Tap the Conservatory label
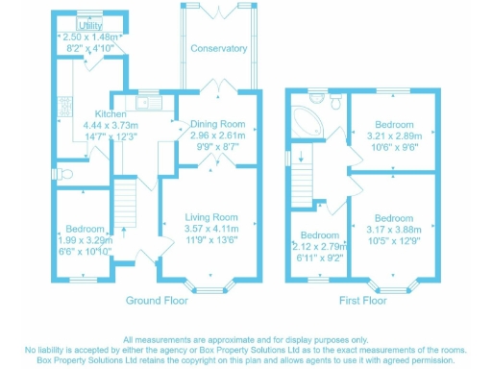[218, 48]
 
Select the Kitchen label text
[98, 111]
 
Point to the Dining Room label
[218, 125]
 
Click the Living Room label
[211, 218]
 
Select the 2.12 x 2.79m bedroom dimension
[319, 247]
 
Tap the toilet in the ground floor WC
[65, 173]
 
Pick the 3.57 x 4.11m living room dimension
[211, 230]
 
